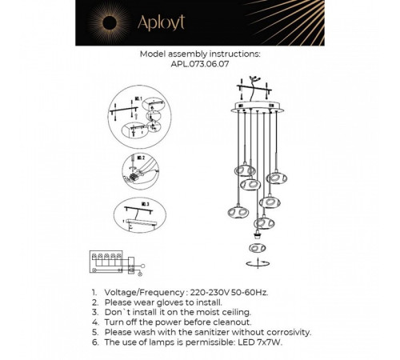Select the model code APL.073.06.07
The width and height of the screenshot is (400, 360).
[199, 67]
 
